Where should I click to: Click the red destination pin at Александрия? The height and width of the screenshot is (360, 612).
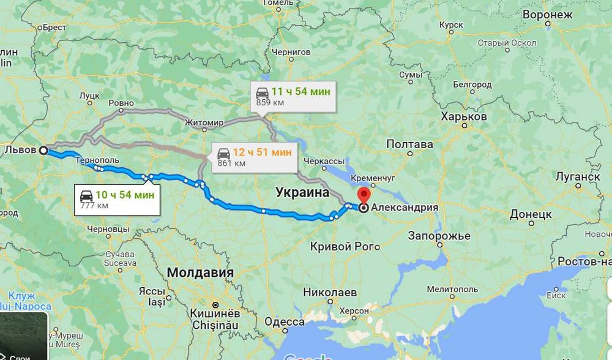363,195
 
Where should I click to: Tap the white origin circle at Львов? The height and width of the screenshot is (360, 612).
43,150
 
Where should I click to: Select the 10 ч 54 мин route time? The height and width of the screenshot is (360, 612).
125,195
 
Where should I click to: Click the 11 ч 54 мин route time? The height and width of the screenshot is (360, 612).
300,92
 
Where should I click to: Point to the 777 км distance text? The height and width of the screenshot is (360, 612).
94,205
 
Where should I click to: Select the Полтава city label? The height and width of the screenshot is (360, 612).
409,144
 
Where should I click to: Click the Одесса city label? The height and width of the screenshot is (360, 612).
285,321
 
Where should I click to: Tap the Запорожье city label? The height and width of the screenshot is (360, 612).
439,236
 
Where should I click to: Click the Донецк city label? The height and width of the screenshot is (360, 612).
531,214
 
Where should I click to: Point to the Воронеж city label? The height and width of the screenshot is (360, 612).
564,14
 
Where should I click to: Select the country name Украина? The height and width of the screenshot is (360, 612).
302,192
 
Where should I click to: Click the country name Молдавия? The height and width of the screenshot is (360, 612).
200,272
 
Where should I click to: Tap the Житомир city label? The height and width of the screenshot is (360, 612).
204,123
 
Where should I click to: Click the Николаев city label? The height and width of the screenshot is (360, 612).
330,292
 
